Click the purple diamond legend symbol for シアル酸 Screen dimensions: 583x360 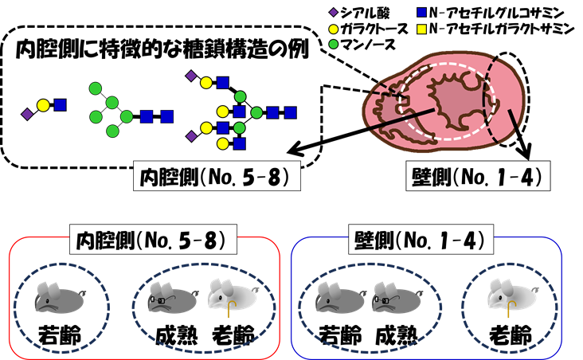tap(333, 13)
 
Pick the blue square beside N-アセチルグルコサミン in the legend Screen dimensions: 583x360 tap(421, 13)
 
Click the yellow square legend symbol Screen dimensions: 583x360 tap(421, 29)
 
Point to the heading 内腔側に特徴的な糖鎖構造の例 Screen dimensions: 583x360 tap(162, 49)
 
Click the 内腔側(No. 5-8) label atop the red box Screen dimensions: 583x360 tap(153, 240)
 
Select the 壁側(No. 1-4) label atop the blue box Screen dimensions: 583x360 tap(421, 240)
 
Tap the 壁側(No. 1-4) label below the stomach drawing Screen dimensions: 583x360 tap(478, 176)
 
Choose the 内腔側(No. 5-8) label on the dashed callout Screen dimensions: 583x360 tap(217, 176)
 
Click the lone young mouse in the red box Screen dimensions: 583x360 tap(61, 297)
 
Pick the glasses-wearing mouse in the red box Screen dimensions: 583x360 tap(174, 296)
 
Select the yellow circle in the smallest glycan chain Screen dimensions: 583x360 tap(43, 106)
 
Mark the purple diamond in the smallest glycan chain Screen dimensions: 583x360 tap(27, 114)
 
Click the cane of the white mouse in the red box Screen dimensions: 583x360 tap(231, 308)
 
